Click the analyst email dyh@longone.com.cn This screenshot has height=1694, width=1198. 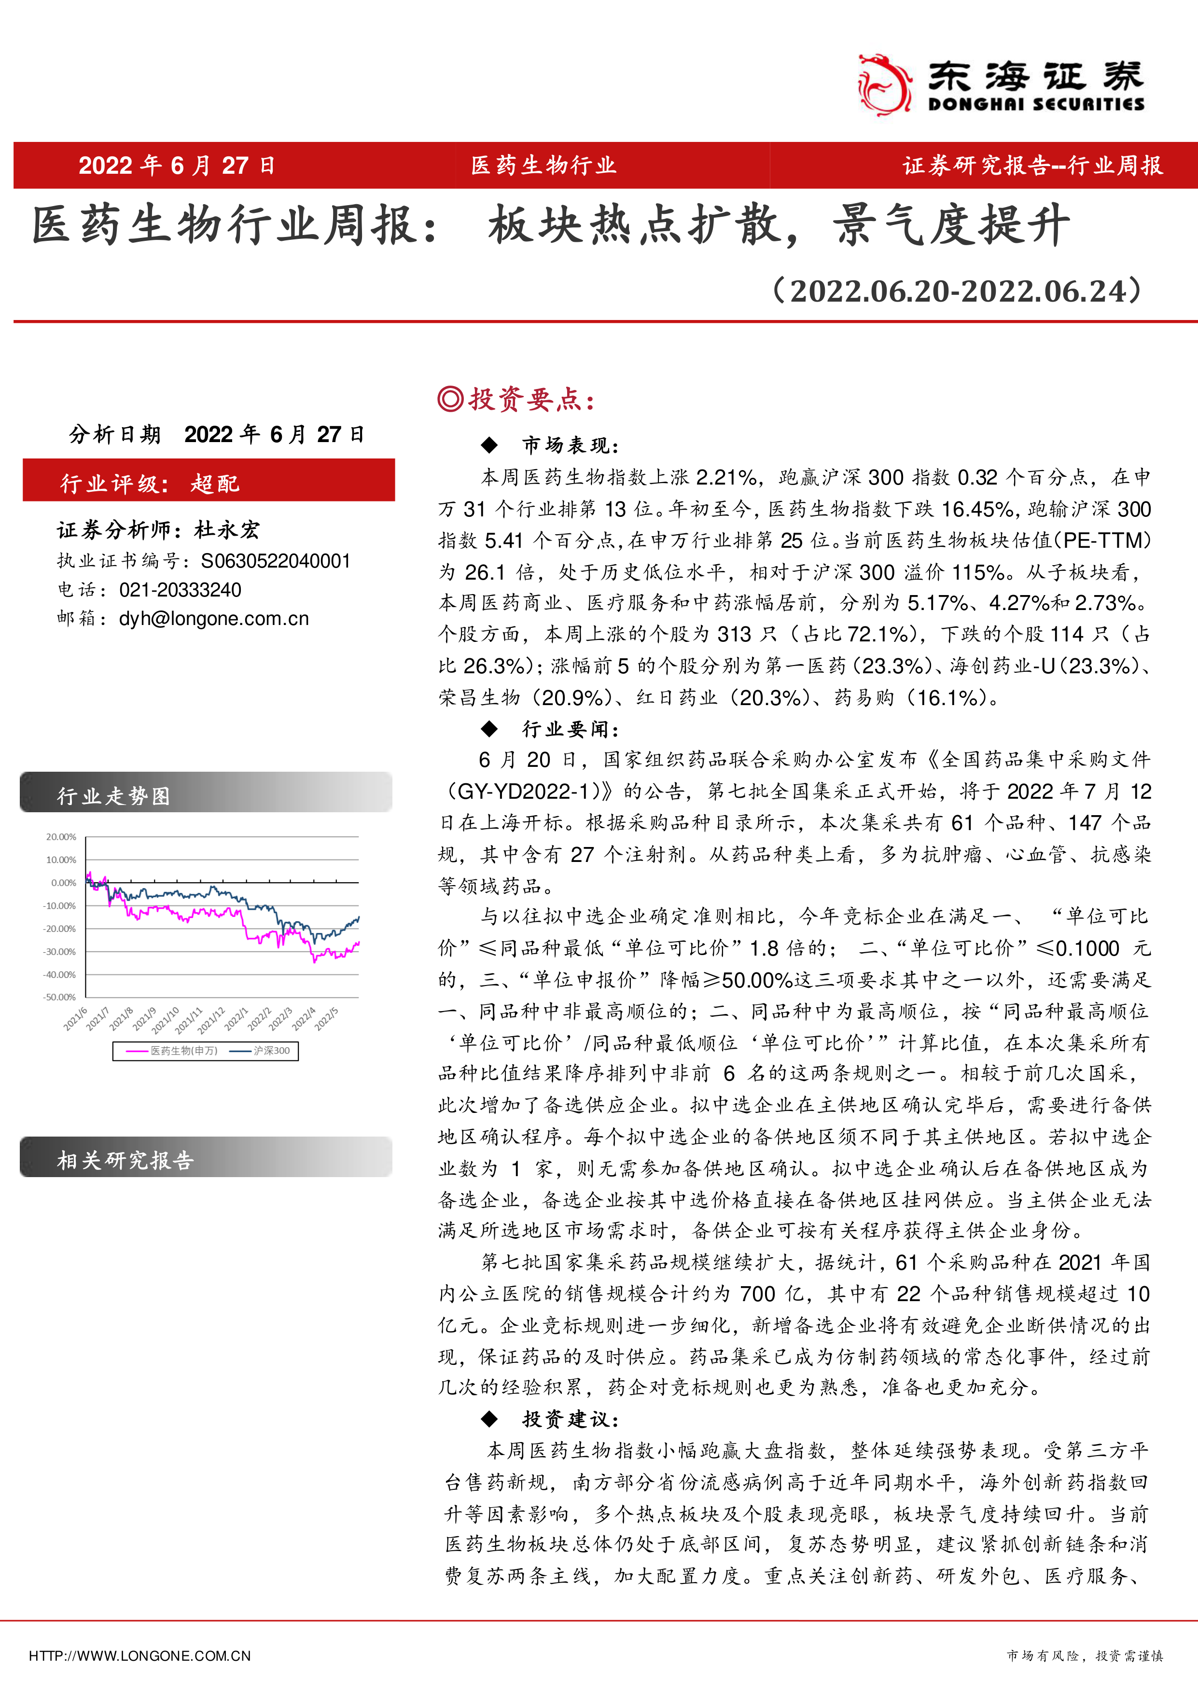tap(213, 618)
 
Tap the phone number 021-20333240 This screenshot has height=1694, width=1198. tap(180, 589)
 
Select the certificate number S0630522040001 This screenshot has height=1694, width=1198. tap(275, 561)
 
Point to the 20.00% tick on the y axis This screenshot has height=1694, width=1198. tap(61, 837)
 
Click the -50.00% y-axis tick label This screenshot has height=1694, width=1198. tap(60, 997)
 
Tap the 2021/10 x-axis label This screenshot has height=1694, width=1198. tap(165, 1020)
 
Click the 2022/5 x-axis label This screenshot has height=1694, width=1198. tap(326, 1018)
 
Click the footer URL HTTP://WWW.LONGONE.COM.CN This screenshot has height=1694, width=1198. tap(140, 1656)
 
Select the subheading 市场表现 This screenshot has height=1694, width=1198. tap(570, 445)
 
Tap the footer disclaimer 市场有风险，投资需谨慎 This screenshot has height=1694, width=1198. tap(1085, 1656)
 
